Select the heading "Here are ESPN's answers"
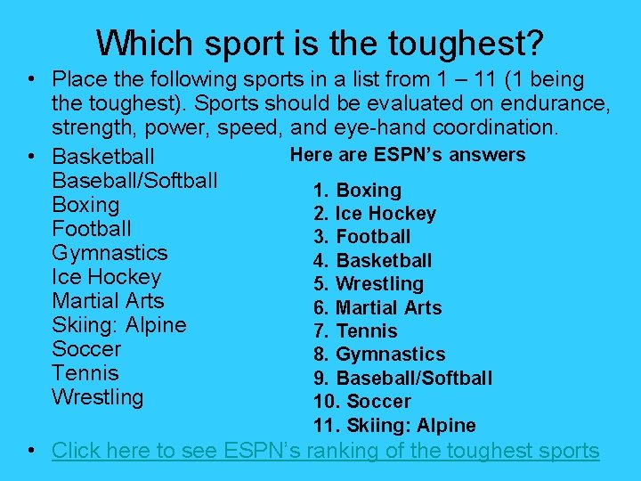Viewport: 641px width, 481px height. (x=408, y=155)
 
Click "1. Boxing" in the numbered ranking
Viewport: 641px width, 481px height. (x=357, y=191)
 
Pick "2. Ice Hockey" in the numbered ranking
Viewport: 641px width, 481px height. (x=375, y=214)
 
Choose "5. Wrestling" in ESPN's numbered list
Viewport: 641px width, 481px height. (x=369, y=284)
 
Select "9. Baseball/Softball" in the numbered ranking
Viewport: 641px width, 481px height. (x=402, y=379)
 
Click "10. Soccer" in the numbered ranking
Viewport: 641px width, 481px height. (x=362, y=402)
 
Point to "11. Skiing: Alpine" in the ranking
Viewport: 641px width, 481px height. (x=394, y=426)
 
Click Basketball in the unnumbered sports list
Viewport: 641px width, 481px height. (x=103, y=158)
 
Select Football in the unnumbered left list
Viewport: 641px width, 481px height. (x=92, y=229)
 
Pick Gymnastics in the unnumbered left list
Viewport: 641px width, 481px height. (x=110, y=253)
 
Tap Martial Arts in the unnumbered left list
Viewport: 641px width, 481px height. (x=108, y=301)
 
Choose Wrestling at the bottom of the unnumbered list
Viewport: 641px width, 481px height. (x=97, y=397)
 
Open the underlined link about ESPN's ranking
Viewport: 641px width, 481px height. (x=326, y=451)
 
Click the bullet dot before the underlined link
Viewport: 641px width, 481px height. (x=32, y=451)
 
